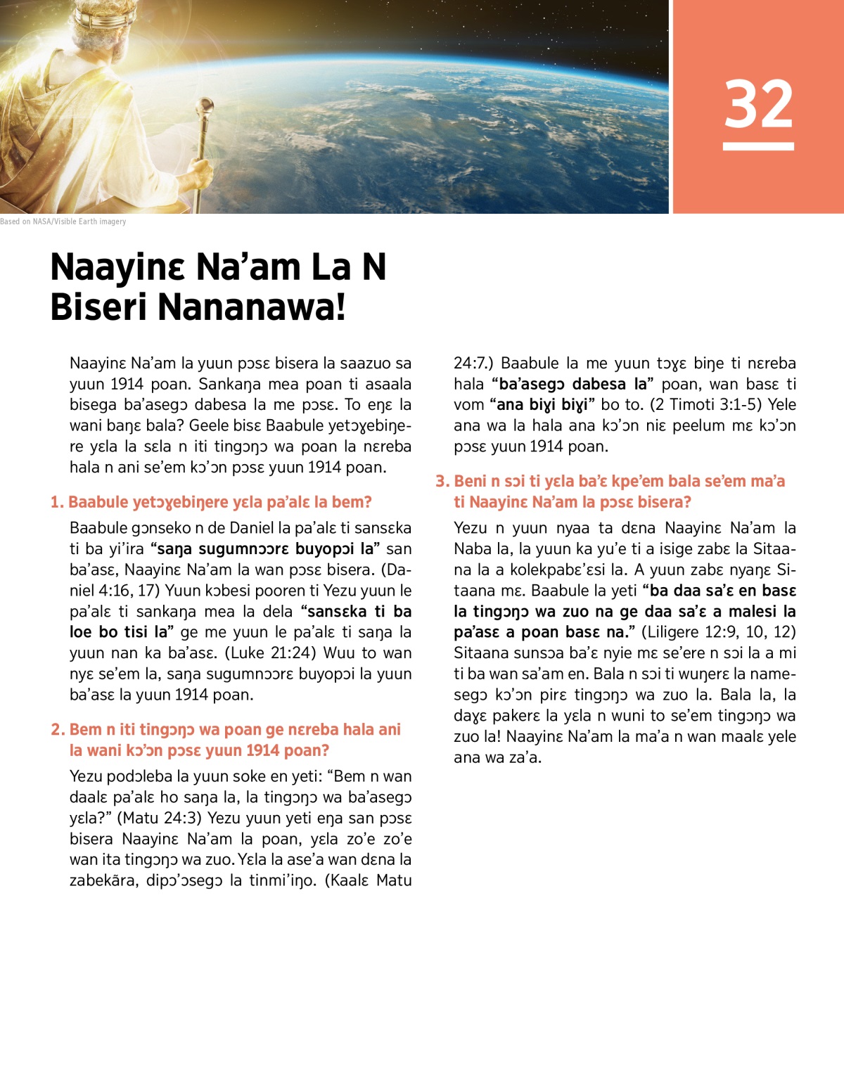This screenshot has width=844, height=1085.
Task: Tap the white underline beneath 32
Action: pyautogui.click(x=758, y=146)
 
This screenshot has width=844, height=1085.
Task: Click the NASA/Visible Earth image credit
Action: pyautogui.click(x=63, y=222)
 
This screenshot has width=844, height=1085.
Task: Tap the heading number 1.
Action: pyautogui.click(x=56, y=502)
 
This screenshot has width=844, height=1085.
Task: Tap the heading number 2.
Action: pyautogui.click(x=57, y=729)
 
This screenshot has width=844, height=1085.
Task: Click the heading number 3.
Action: pyautogui.click(x=442, y=481)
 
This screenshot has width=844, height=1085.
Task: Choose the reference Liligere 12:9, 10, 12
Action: pyautogui.click(x=718, y=631)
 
